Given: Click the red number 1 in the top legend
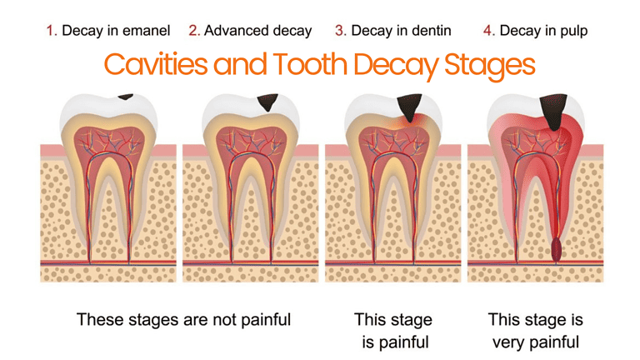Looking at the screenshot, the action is [50, 31].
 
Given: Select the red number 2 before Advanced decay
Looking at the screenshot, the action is [192, 31].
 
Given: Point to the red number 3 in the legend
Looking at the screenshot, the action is [339, 31].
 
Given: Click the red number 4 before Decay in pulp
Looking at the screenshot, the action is [487, 31].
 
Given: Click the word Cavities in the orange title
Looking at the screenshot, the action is [156, 64].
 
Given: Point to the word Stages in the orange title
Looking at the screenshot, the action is [489, 66].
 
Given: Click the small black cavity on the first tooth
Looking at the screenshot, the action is [125, 97].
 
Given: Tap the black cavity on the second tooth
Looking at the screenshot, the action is [267, 102].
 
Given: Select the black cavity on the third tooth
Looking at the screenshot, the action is [409, 107].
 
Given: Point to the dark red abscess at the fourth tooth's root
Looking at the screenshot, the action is [556, 250].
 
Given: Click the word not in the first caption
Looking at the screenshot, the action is [224, 320].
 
